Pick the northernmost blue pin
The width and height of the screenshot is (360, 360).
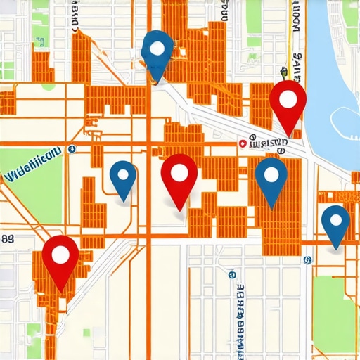tap(157, 50)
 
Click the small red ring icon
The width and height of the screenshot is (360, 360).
tap(243, 143)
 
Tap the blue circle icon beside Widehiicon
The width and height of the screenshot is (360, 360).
tap(72, 148)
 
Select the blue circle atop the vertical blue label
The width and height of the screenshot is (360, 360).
tap(233, 275)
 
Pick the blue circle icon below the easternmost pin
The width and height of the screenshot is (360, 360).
tap(307, 259)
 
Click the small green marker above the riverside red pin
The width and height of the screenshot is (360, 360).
tap(284, 71)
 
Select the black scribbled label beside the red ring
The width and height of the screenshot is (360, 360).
tap(267, 144)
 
